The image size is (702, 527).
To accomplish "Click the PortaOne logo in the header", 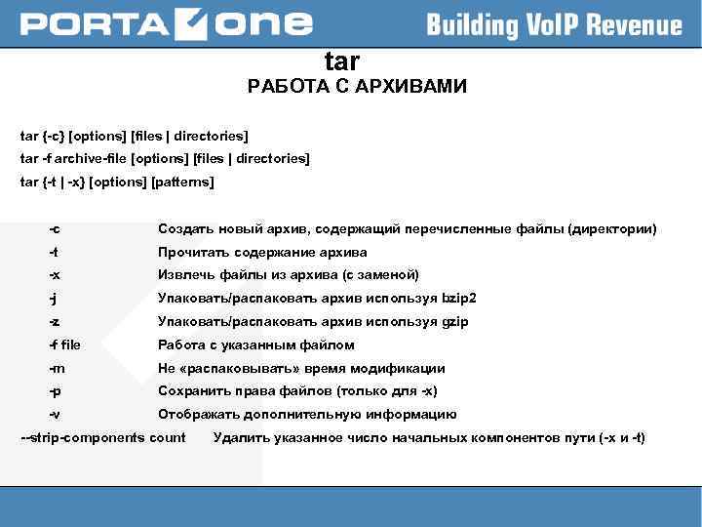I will tap(167, 23).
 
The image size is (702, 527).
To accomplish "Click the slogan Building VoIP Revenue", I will tap(554, 24).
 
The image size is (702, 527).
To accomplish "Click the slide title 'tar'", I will tap(342, 62).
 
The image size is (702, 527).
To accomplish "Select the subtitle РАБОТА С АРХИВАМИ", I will tap(357, 88).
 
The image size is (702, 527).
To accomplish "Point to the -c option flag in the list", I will tap(55, 229).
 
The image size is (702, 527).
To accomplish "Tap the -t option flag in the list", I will tap(54, 253).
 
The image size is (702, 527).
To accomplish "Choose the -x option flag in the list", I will tap(55, 275).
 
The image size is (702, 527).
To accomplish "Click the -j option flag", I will tap(54, 299).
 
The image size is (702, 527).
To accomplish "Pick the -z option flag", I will tap(55, 322).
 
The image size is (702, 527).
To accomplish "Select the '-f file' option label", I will tap(64, 345).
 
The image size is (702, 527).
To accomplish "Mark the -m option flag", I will tap(57, 369).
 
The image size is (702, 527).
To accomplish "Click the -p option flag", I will tap(55, 391).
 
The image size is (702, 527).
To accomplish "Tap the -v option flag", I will tap(55, 415).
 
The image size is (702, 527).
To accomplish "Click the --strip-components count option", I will tap(102, 437).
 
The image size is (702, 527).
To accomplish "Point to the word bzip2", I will tap(459, 299).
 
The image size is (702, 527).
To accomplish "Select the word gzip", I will tap(455, 322).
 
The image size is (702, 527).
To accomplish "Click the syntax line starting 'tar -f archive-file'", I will tap(165, 158).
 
